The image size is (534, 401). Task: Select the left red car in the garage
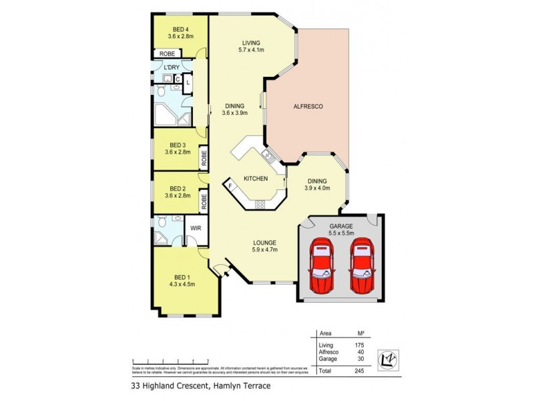[x=322, y=265]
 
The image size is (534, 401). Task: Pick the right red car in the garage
[x=362, y=265]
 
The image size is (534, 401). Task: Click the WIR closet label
[x=196, y=228]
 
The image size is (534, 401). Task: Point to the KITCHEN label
[x=256, y=178]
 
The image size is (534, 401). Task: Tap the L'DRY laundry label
[x=172, y=68]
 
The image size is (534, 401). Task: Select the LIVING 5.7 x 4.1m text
[x=251, y=46]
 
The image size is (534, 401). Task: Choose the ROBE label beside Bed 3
[x=204, y=158]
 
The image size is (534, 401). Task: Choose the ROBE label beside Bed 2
[x=204, y=199]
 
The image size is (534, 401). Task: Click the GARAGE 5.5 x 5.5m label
[x=340, y=230]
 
